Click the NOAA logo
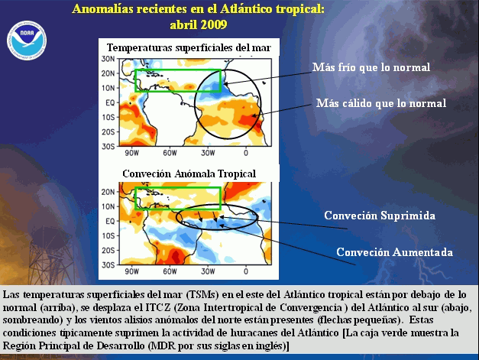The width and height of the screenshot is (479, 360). (x=27, y=41)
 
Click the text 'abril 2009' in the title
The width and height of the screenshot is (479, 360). (x=199, y=24)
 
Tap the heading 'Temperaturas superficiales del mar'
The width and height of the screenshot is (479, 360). (x=189, y=47)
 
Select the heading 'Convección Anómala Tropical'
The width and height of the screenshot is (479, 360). (x=189, y=174)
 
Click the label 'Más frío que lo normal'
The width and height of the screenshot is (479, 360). (x=371, y=67)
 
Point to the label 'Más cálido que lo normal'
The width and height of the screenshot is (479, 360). (x=381, y=103)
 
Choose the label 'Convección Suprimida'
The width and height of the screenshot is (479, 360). (x=380, y=216)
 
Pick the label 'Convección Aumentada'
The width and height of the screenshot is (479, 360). (x=395, y=252)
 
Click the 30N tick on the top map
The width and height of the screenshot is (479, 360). (x=108, y=59)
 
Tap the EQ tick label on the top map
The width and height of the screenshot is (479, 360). (x=110, y=102)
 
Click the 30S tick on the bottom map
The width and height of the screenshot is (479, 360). (x=108, y=265)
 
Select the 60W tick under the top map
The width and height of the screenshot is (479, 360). (x=170, y=153)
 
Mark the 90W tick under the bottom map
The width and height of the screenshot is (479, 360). (x=131, y=271)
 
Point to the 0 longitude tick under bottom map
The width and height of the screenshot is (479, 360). (x=246, y=271)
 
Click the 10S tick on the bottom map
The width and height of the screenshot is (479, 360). (x=108, y=235)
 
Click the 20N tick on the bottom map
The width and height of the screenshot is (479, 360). (x=108, y=192)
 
